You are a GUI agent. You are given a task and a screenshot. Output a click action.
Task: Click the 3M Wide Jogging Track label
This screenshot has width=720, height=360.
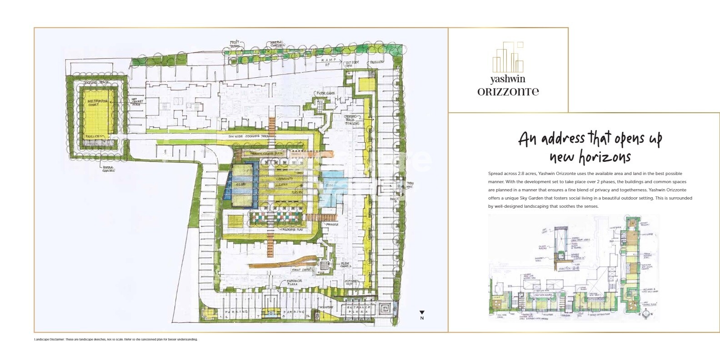click(249, 136)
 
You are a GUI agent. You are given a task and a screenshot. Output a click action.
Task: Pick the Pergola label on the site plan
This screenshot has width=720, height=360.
click(331, 225)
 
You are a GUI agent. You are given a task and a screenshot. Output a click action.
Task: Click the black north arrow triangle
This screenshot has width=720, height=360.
click(422, 313)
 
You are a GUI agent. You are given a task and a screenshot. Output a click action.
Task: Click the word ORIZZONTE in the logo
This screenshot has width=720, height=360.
click(508, 91)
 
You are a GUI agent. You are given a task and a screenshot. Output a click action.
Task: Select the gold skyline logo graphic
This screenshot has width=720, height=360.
click(508, 57)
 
